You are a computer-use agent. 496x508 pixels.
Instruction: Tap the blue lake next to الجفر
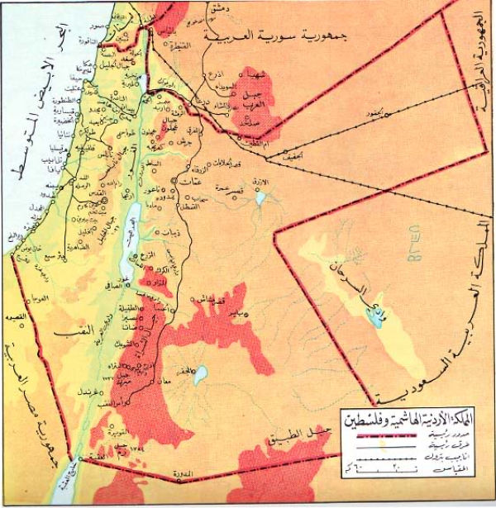click(x=198, y=379)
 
